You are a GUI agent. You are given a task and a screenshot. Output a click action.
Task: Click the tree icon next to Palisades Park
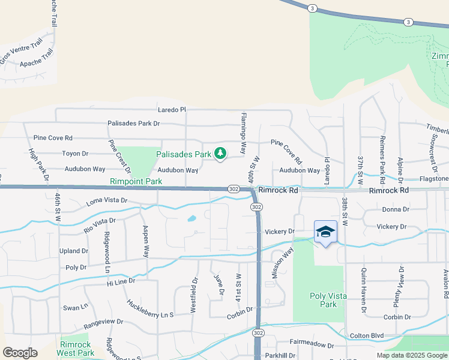[x=220, y=154]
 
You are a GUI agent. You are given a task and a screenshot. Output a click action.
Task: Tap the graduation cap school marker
[x=325, y=232]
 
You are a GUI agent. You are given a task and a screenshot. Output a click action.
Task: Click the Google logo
[x=20, y=352]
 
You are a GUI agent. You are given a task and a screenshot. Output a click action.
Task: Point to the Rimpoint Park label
[x=136, y=181]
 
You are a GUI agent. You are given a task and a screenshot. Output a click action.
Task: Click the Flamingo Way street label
[x=244, y=131]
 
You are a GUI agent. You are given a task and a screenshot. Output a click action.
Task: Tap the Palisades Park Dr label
[x=134, y=124]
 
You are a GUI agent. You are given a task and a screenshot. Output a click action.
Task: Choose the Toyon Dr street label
[x=75, y=154]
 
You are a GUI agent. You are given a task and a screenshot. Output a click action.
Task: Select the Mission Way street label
[x=281, y=261]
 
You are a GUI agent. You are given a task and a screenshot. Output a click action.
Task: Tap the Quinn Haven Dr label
[x=364, y=290]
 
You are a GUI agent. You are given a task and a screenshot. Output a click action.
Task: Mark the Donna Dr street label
[x=396, y=210]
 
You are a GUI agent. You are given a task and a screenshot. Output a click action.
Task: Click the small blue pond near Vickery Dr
[x=191, y=219]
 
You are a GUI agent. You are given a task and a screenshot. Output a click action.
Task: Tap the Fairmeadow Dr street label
[x=312, y=345]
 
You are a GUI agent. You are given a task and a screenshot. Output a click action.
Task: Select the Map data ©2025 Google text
[x=411, y=355]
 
